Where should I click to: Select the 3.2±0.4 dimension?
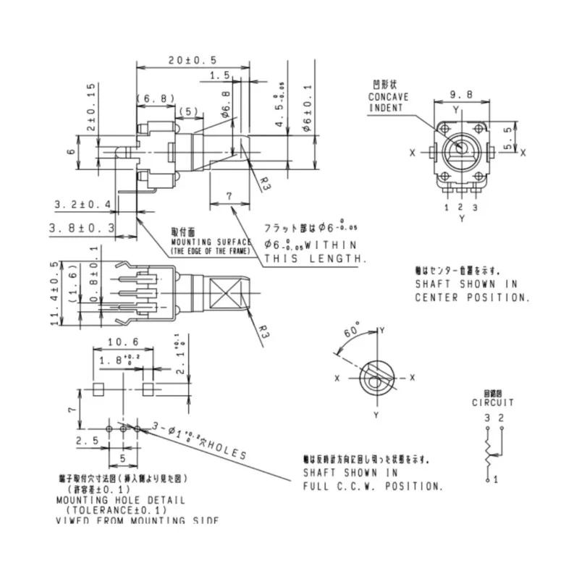pos(82,205)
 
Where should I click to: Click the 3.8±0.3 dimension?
pos(82,228)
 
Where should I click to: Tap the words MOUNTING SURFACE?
pos(211,242)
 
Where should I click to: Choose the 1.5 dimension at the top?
pos(219,76)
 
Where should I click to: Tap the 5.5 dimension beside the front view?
pos(509,134)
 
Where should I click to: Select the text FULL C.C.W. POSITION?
pos(372,486)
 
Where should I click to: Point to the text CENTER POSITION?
pos(473,297)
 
